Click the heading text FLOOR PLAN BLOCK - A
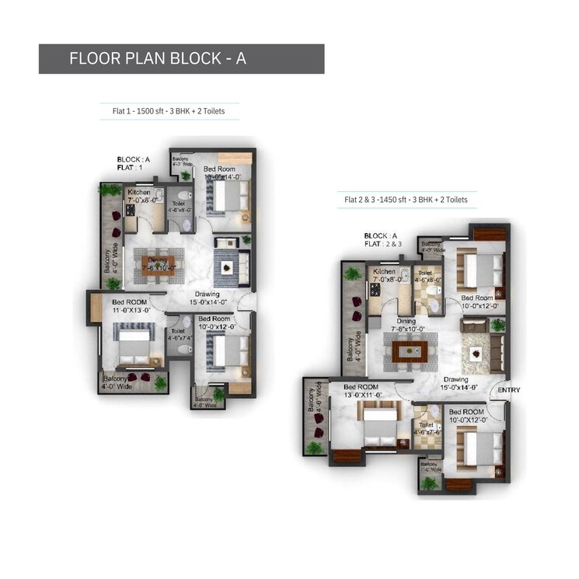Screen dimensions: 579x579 (158, 58)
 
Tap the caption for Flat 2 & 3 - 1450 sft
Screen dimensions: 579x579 (406, 200)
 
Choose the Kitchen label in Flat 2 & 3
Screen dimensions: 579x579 (385, 274)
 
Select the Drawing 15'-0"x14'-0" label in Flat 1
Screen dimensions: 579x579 (207, 298)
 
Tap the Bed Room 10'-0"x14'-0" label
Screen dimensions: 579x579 (223, 173)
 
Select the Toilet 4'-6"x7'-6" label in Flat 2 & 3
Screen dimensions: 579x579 (425, 430)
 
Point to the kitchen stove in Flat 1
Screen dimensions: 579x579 (129, 210)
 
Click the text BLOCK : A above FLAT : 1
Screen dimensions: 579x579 (134, 159)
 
